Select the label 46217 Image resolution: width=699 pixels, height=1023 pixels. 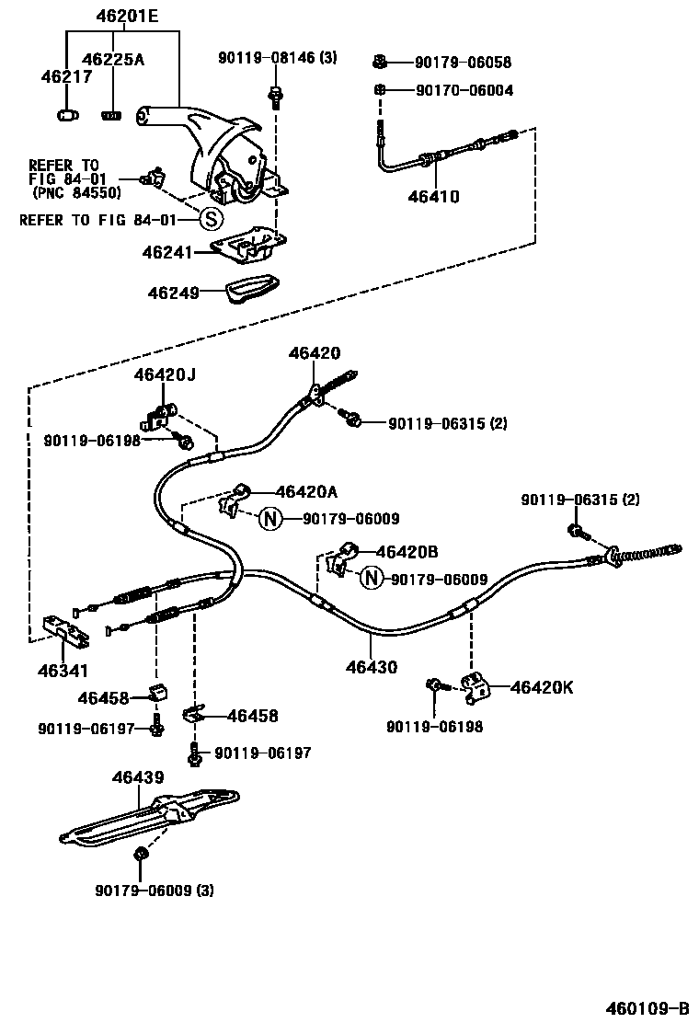click(66, 77)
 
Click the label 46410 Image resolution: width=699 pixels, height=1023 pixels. click(427, 196)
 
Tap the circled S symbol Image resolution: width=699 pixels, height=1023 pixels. click(211, 219)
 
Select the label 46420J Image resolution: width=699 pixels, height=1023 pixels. click(165, 374)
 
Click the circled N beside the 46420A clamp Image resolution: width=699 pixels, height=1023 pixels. click(269, 519)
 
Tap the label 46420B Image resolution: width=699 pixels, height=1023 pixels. click(407, 552)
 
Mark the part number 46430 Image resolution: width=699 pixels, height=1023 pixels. click(372, 667)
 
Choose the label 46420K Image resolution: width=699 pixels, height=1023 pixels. click(542, 687)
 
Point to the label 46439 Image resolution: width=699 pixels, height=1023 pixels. click(138, 777)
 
